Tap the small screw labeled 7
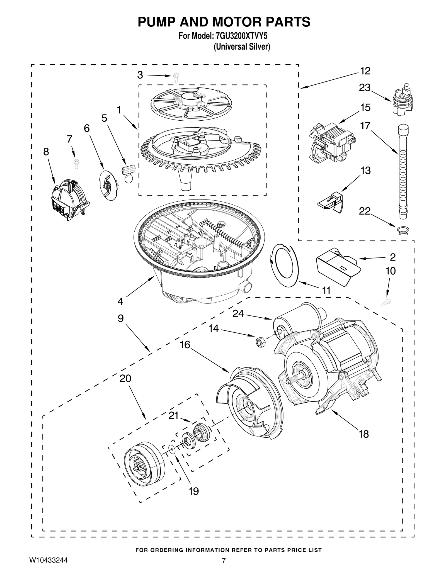(x=76, y=164)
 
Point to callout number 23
(x=364, y=88)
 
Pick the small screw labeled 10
(x=386, y=302)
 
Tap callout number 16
(x=185, y=345)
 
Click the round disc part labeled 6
(x=108, y=185)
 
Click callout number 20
(x=125, y=378)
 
